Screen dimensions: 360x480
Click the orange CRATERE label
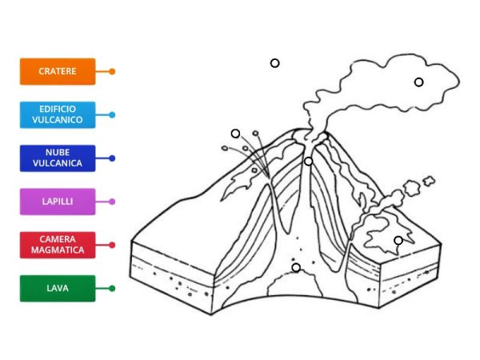tap(58, 71)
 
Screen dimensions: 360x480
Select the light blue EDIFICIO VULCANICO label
tap(58, 114)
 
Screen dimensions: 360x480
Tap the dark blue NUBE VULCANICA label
tap(58, 158)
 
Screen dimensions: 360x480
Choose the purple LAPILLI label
tap(58, 202)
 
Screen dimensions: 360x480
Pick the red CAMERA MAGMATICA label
tap(58, 245)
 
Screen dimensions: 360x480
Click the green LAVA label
tap(58, 288)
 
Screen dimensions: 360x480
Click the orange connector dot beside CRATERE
tap(112, 71)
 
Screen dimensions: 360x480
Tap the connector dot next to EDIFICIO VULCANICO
tap(112, 114)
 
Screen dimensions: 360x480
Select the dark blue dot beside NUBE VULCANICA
tap(112, 158)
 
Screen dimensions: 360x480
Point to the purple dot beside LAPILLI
tap(112, 202)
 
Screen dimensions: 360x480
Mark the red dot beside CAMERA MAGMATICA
tap(112, 245)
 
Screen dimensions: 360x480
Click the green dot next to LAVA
tap(112, 288)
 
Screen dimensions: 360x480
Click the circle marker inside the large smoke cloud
tap(418, 82)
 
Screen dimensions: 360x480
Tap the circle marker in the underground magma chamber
tap(296, 267)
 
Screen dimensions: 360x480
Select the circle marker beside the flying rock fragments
tap(235, 134)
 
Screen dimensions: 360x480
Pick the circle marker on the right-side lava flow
tap(398, 240)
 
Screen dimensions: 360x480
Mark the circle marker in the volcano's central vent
tap(308, 162)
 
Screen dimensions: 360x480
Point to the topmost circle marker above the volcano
tap(274, 63)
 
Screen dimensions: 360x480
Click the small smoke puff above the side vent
tap(413, 189)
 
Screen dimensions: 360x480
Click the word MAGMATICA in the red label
tap(58, 250)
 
